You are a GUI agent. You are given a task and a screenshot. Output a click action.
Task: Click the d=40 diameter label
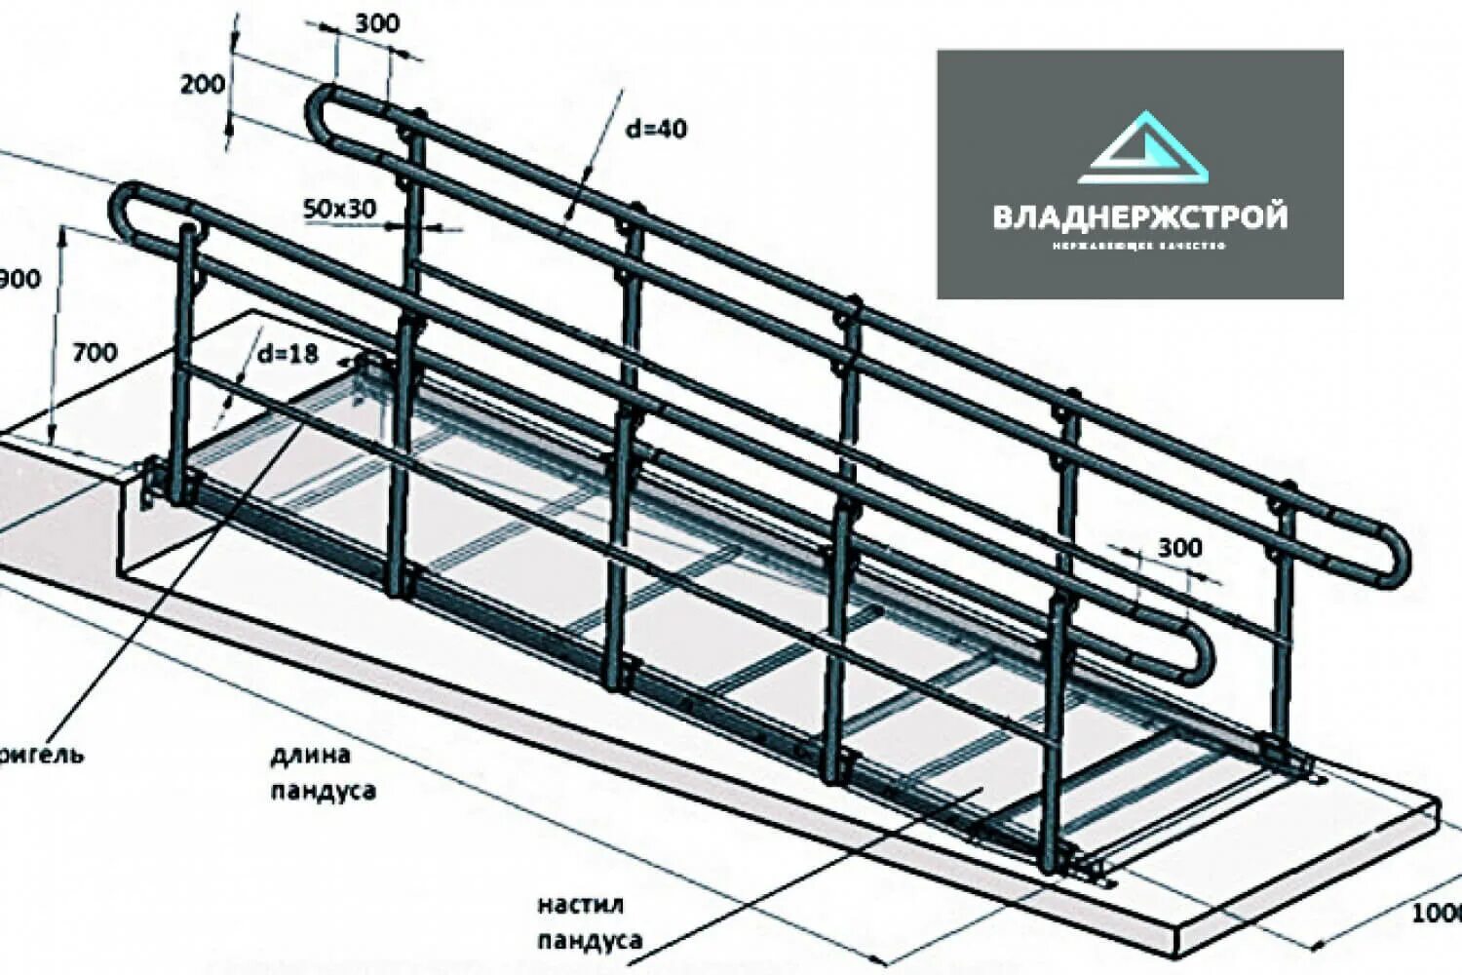point(656,128)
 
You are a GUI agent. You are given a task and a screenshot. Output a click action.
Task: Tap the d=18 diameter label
point(288,353)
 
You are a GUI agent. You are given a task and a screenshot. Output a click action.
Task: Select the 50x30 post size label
point(339,208)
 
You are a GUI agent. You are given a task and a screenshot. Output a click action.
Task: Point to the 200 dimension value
point(202,84)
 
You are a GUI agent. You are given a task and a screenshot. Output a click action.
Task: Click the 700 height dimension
point(95,352)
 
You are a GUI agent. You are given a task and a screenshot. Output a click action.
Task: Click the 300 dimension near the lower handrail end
point(1179,548)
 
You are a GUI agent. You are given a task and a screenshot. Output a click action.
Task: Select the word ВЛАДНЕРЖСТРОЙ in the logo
point(1139,215)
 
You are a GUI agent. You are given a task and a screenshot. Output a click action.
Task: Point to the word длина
point(311,755)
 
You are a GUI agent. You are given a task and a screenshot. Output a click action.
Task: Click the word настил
point(580,906)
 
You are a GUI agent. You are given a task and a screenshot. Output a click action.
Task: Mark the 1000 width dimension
point(1437,913)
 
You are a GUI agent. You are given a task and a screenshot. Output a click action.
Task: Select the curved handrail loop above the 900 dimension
point(121,210)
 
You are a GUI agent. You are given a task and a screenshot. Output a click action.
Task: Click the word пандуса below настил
point(591,940)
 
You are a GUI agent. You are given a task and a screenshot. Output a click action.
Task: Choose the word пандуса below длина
point(323,790)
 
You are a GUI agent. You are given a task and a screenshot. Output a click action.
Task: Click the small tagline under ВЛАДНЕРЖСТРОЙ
point(1138,246)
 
